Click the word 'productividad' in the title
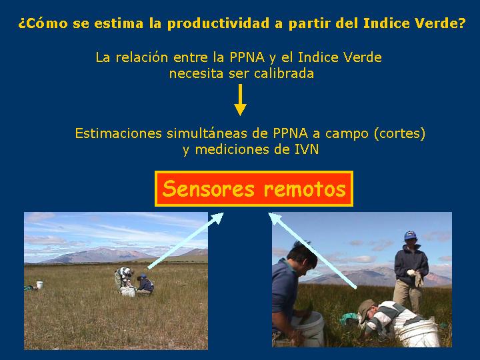219,23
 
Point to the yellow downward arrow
240,100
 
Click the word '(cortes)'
400,133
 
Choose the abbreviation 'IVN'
307,149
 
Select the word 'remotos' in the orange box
305,189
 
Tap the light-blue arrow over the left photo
186,241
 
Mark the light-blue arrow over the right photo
313,251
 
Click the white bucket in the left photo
39,285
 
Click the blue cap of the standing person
410,235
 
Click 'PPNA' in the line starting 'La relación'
247,57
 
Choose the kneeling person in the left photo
145,285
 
